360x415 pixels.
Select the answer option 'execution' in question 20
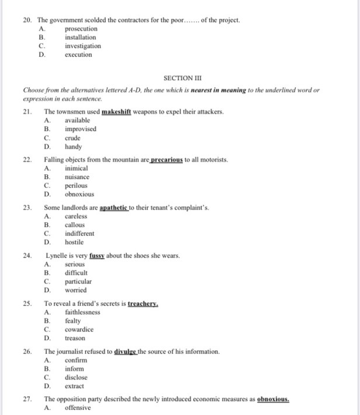(78, 54)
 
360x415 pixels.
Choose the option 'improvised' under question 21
(81, 129)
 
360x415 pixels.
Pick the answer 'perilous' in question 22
(77, 185)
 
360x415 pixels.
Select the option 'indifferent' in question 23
(79, 233)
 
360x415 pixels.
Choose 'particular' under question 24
(78, 281)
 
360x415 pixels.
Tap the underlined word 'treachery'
(144, 303)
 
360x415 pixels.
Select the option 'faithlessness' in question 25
(82, 312)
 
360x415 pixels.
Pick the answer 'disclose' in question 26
(77, 378)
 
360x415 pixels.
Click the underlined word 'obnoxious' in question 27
(273, 399)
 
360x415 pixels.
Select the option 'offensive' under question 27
(78, 407)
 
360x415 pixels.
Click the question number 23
(27, 207)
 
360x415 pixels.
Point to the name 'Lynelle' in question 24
(56, 255)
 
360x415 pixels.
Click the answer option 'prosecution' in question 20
(81, 29)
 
